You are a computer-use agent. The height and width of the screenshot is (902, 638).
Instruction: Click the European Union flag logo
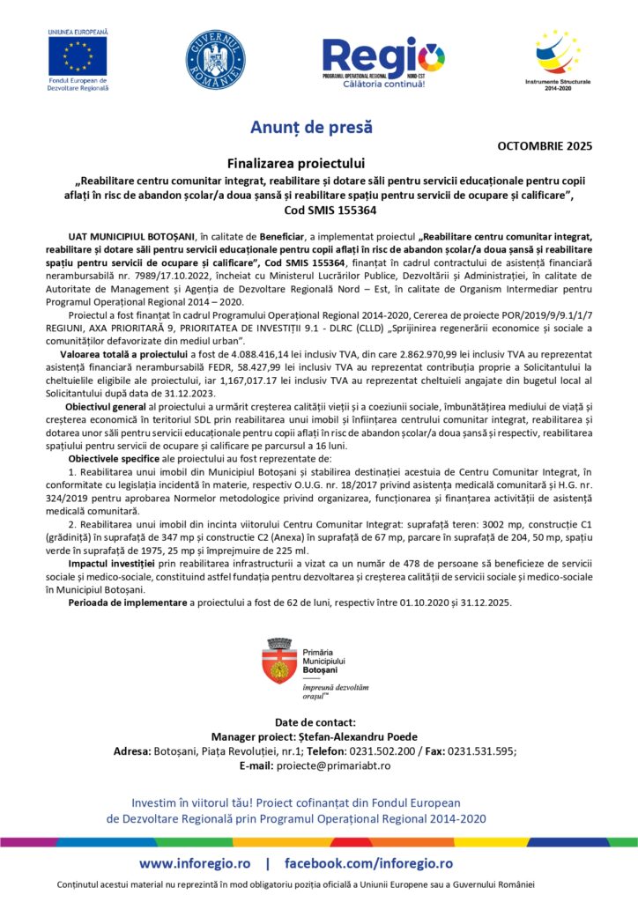pyautogui.click(x=78, y=57)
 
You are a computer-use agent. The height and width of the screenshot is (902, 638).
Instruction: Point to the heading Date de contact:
pyautogui.click(x=318, y=721)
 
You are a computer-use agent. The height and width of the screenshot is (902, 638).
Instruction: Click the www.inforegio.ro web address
pyautogui.click(x=194, y=863)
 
